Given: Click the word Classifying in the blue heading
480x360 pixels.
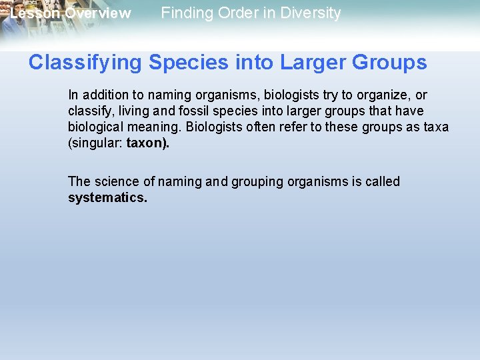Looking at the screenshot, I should coord(85,63).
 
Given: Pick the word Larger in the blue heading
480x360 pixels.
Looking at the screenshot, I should coord(313,63).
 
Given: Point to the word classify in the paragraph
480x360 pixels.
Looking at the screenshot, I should coord(87,111).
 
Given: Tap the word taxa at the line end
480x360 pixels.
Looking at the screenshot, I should coord(435,127).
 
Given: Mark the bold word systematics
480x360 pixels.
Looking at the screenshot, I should coord(107,198).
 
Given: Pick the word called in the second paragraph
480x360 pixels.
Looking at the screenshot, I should coord(382,182).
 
